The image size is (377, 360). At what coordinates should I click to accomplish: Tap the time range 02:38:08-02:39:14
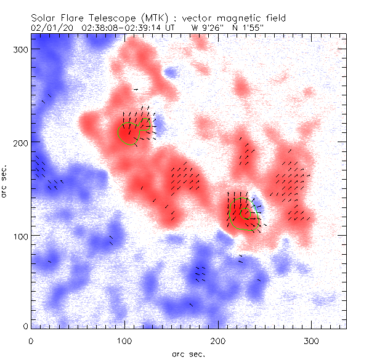pyautogui.click(x=128, y=28)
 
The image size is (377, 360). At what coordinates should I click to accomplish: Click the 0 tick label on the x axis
pyautogui.click(x=31, y=340)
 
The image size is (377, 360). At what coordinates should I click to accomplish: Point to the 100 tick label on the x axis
pyautogui.click(x=124, y=340)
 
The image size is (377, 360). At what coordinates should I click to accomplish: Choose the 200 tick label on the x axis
pyautogui.click(x=218, y=340)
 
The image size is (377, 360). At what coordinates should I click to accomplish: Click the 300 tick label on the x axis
pyautogui.click(x=312, y=340)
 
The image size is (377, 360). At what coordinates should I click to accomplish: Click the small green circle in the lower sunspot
pyautogui.click(x=246, y=214)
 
